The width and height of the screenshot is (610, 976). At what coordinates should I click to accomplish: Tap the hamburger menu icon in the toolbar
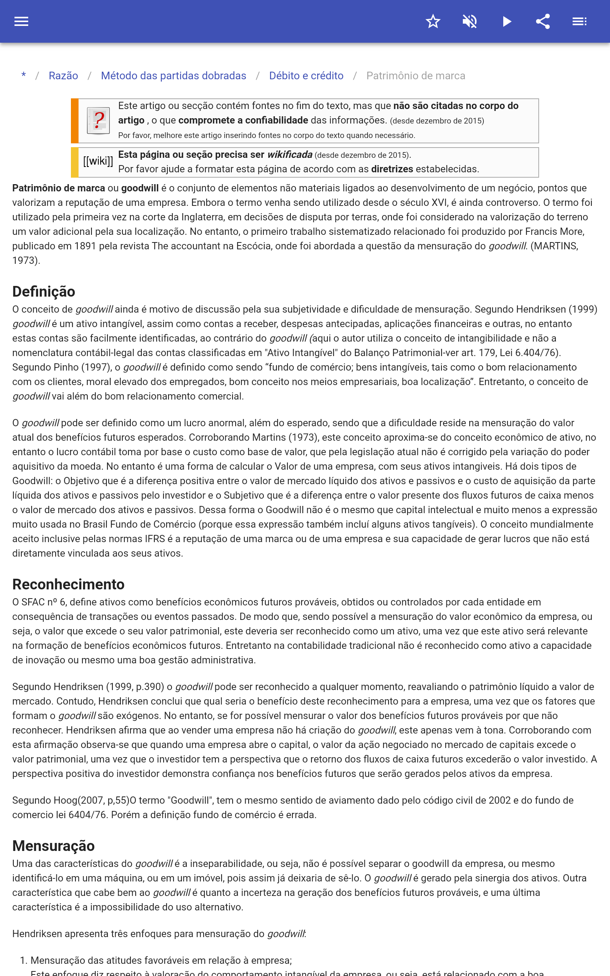coord(21,21)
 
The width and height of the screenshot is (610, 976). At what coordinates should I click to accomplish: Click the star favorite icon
coord(433,21)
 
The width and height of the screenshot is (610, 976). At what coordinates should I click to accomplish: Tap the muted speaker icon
coord(470,21)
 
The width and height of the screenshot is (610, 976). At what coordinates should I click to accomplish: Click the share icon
coord(543,21)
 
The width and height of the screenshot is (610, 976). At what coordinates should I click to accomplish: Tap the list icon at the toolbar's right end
coord(579,21)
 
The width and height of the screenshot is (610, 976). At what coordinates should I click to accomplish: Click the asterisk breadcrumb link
coord(24,75)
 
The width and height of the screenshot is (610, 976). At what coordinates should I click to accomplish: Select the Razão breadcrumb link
coord(63,76)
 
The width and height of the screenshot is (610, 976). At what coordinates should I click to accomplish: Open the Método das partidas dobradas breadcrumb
coord(173,76)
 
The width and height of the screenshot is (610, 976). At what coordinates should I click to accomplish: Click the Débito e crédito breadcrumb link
coord(306,76)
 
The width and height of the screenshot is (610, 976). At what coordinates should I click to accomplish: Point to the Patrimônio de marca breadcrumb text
coord(416,76)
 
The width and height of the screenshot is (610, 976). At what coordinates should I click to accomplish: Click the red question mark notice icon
coord(98,120)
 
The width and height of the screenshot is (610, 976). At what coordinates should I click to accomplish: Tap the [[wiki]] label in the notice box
coord(98,161)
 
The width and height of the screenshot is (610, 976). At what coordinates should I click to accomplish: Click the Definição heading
coord(43,292)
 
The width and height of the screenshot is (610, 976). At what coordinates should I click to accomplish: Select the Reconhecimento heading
coord(68,584)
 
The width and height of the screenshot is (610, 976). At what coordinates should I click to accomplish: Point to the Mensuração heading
coord(53,846)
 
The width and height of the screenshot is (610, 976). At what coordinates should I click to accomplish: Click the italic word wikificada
coord(290,155)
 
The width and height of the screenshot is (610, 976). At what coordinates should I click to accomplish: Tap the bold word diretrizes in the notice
coord(392,169)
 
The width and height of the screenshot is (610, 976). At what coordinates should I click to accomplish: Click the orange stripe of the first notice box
coord(75,120)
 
